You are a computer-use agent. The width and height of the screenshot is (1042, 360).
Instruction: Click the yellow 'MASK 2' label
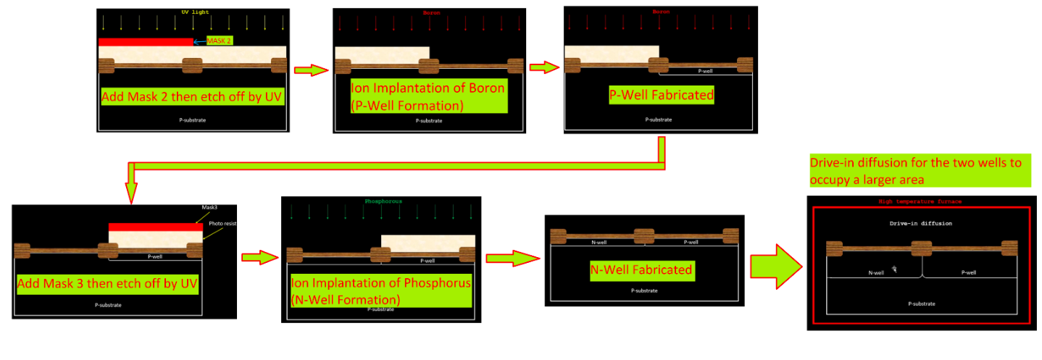pyautogui.click(x=220, y=41)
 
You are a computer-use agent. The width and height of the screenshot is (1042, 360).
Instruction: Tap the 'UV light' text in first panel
pyautogui.click(x=193, y=12)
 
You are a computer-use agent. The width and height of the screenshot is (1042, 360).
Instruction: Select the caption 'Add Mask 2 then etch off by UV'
pyautogui.click(x=192, y=96)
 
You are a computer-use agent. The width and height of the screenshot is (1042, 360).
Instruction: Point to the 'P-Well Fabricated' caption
pyautogui.click(x=660, y=95)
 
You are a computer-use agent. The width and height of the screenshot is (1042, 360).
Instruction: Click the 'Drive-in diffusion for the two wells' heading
pyautogui.click(x=918, y=170)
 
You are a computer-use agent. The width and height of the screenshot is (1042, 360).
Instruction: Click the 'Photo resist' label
pyautogui.click(x=223, y=224)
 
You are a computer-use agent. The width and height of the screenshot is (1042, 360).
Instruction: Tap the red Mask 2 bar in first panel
pyautogui.click(x=146, y=42)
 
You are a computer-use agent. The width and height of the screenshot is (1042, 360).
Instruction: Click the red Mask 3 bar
pyautogui.click(x=155, y=227)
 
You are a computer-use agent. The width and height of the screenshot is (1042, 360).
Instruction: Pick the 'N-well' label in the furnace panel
pyautogui.click(x=876, y=273)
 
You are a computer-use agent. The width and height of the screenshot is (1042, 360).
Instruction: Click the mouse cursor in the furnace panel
pyautogui.click(x=895, y=269)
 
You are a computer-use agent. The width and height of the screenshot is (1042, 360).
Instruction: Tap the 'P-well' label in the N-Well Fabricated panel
pyautogui.click(x=690, y=242)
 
